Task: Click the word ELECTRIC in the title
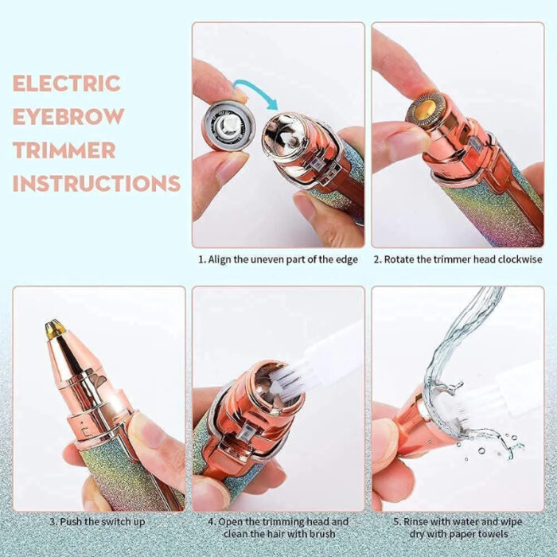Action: [x=66, y=84]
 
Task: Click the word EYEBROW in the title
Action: [x=68, y=116]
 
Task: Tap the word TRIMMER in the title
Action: [x=64, y=150]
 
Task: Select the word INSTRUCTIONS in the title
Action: [x=95, y=183]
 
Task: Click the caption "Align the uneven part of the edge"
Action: [x=278, y=260]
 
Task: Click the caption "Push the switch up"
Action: [x=99, y=522]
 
